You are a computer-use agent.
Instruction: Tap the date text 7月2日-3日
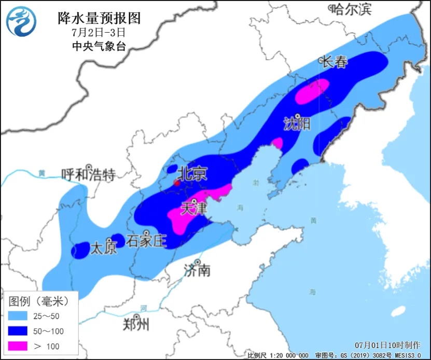click(99, 32)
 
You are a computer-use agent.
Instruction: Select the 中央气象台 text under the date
click(99, 46)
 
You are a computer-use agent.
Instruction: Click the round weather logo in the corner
click(22, 22)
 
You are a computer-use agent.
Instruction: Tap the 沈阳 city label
click(298, 123)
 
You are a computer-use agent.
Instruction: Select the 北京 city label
click(192, 173)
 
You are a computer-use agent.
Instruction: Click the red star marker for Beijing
click(176, 183)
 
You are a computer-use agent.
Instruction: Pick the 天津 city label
click(193, 209)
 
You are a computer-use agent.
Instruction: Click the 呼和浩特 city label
click(88, 175)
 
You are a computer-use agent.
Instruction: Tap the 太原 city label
click(104, 248)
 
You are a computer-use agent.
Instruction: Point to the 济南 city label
click(198, 270)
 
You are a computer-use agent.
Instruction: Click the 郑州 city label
click(136, 325)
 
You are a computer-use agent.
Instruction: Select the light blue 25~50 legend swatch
click(20, 316)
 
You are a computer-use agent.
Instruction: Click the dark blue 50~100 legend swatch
click(20, 331)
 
